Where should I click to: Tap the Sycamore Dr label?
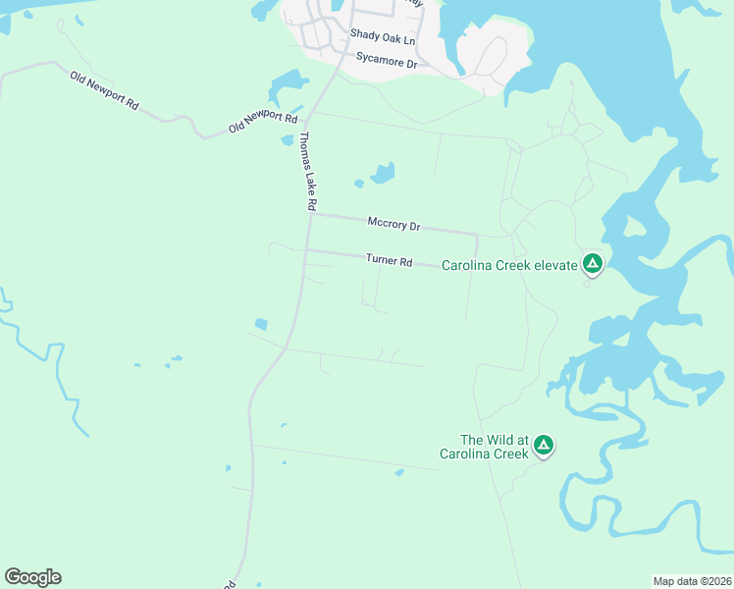coord(387,61)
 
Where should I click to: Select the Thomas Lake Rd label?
coord(307,172)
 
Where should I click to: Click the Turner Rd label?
coord(389,260)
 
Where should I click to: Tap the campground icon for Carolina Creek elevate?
coord(592,264)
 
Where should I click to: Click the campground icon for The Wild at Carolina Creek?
coord(543,447)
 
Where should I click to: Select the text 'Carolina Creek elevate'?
coord(507,265)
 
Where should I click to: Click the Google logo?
coord(32,577)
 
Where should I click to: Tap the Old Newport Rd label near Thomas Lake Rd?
coord(262,122)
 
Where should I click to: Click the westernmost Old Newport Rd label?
coord(104,89)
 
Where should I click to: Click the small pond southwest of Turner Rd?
coord(261,324)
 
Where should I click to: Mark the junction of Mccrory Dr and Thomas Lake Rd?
coord(311,214)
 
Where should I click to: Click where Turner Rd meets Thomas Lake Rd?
coord(307,249)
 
